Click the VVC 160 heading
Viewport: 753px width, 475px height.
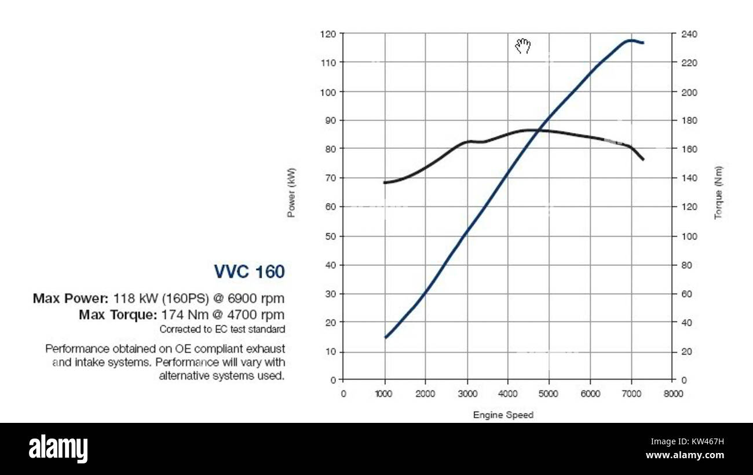[249, 272]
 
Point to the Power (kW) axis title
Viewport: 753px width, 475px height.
[291, 192]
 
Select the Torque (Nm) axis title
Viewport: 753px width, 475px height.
[718, 192]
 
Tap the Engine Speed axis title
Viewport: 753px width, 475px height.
[503, 415]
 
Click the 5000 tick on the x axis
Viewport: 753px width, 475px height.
[548, 394]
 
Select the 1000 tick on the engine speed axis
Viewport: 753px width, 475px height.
[383, 394]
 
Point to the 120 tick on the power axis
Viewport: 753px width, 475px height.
[328, 34]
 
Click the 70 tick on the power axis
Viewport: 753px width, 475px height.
[330, 178]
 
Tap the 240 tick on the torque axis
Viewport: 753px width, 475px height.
[689, 34]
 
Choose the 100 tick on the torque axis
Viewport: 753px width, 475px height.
[689, 236]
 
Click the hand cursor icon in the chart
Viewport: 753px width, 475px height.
[523, 46]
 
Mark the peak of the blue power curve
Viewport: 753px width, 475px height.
[629, 41]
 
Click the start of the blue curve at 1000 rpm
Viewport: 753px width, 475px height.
[385, 337]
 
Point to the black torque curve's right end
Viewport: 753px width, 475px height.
[643, 159]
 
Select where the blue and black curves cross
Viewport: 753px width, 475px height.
[538, 130]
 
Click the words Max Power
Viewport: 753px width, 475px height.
[70, 299]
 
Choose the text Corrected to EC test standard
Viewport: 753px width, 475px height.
[222, 330]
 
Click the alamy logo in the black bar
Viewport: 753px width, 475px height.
[58, 448]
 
